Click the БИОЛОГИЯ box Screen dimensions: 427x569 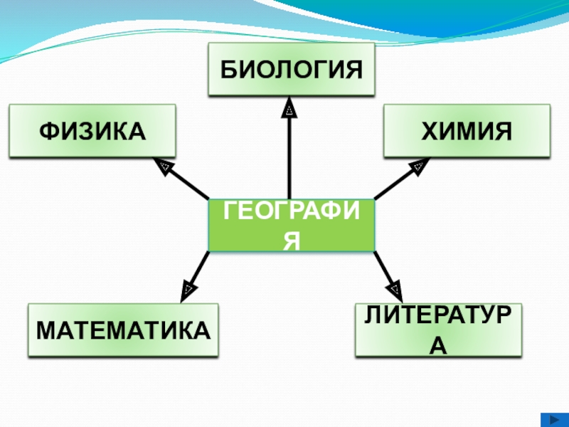[x=291, y=69]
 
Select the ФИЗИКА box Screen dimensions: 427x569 [x=92, y=131]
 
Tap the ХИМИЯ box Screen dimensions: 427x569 [x=467, y=131]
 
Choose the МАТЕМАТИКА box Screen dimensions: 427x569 [x=123, y=330]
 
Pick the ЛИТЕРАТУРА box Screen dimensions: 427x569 [x=438, y=330]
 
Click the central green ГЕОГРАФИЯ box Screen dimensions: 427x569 [x=291, y=225]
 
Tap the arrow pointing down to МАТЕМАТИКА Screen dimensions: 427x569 [x=198, y=270]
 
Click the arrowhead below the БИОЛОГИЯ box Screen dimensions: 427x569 [x=289, y=109]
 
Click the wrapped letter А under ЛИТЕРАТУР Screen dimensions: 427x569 [x=439, y=345]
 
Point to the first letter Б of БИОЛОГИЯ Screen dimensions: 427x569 [x=227, y=70]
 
